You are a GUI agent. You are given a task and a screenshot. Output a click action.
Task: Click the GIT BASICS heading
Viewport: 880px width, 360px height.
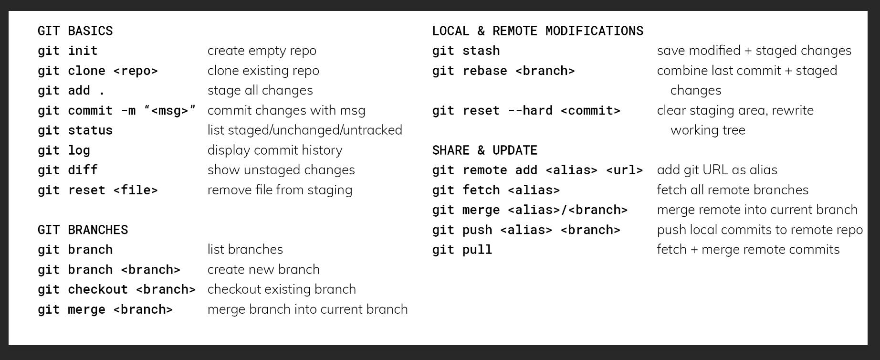[75, 31]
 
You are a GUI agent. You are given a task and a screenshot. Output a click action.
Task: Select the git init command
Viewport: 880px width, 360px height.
[67, 51]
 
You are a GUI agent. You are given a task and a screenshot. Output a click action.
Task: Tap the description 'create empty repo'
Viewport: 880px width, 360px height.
[262, 51]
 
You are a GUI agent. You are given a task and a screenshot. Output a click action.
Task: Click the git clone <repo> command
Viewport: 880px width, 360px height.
[97, 71]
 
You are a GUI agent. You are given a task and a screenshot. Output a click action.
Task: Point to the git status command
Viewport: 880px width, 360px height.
[75, 130]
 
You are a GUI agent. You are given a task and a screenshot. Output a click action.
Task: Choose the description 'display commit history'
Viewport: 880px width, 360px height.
[274, 150]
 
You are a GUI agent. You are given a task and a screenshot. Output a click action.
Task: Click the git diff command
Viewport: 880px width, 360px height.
[67, 170]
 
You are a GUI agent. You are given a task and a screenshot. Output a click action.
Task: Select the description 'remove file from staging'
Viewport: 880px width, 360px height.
[280, 190]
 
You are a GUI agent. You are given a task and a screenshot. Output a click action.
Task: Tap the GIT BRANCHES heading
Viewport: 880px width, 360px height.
[83, 230]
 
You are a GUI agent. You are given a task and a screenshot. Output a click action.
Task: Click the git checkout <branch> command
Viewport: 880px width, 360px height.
[116, 289]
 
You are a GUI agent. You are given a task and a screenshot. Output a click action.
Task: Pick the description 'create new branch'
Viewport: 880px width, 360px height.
[263, 269]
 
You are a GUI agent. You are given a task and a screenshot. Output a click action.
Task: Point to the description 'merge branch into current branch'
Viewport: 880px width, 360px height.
[307, 309]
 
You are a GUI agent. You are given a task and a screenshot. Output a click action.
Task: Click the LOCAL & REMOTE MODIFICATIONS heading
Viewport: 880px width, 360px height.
[537, 31]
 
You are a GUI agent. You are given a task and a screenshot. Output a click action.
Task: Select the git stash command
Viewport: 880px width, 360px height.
[466, 51]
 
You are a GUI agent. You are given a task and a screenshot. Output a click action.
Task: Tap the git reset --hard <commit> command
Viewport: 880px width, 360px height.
[526, 110]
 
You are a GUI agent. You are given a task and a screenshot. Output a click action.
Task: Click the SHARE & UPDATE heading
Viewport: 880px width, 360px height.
[484, 150]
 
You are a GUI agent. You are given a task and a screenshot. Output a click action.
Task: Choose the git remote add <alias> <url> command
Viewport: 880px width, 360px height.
[537, 170]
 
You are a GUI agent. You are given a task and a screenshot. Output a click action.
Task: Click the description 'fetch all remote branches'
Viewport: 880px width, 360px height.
[733, 190]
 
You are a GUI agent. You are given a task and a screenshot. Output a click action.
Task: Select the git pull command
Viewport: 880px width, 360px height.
[462, 250]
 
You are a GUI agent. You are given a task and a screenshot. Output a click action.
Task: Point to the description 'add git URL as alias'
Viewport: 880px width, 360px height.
[717, 170]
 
